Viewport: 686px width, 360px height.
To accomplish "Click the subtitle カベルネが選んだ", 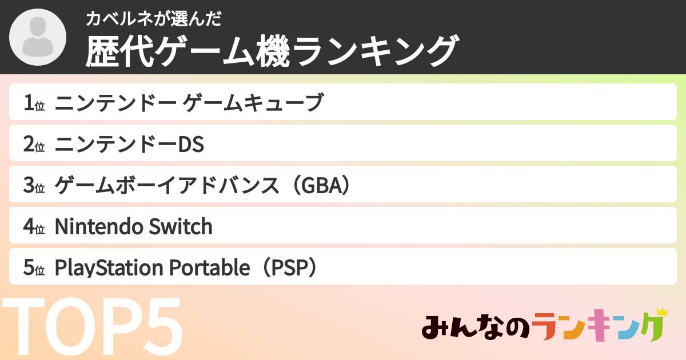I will pyautogui.click(x=153, y=19).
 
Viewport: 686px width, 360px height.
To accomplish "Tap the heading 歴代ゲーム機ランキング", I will pyautogui.click(x=272, y=51).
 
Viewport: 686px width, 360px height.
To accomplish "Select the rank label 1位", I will pyautogui.click(x=34, y=103).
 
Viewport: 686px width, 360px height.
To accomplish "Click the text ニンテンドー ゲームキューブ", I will pyautogui.click(x=189, y=103).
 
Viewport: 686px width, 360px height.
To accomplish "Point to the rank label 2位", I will pyautogui.click(x=34, y=145).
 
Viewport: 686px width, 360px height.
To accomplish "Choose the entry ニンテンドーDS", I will pyautogui.click(x=129, y=145).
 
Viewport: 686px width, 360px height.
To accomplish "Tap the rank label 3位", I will pyautogui.click(x=34, y=186).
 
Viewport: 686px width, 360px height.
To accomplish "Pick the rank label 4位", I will pyautogui.click(x=34, y=227).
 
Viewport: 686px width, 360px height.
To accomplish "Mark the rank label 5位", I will pyautogui.click(x=34, y=268).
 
